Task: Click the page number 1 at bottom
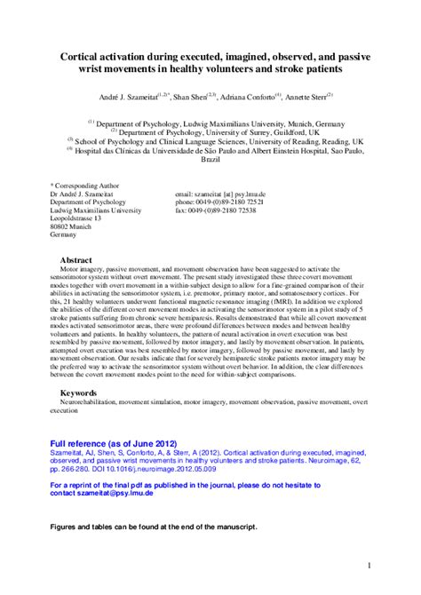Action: click(368, 565)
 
